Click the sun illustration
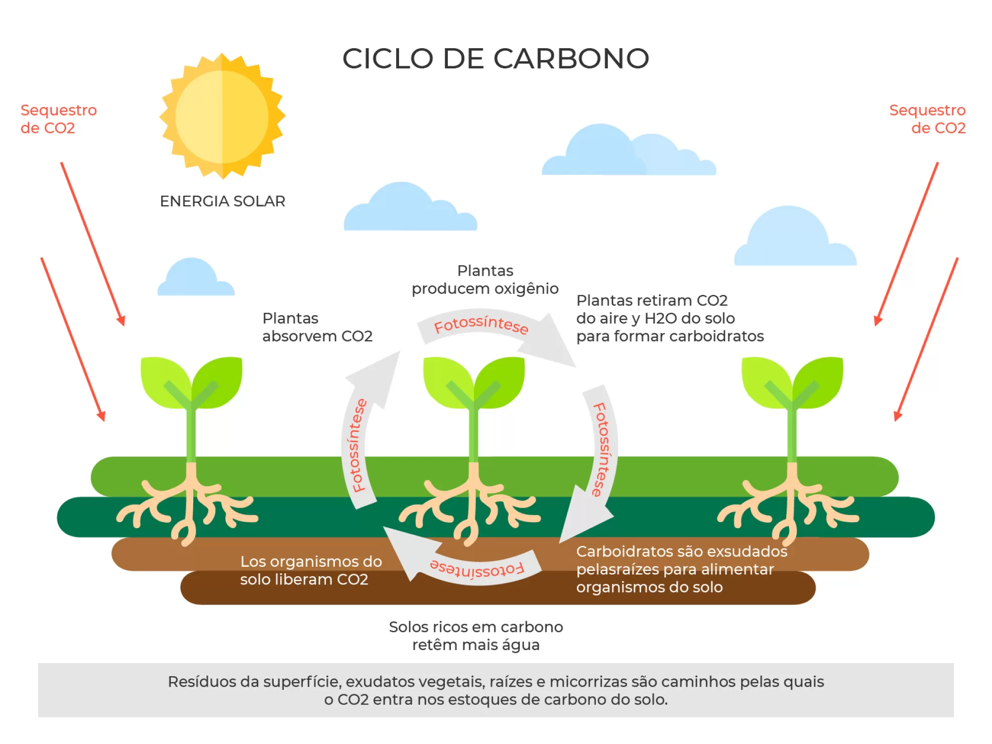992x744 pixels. click(x=222, y=116)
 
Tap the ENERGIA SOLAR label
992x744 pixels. click(x=222, y=201)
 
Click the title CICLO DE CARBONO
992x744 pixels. click(x=495, y=58)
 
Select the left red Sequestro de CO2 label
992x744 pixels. click(x=58, y=119)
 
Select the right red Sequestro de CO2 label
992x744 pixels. click(x=927, y=119)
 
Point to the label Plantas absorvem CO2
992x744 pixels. click(x=317, y=327)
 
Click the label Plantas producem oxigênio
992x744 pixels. click(x=485, y=280)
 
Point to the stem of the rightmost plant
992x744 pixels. click(x=792, y=432)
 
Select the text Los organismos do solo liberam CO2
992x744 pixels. click(x=311, y=570)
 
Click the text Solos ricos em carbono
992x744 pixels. click(x=475, y=627)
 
